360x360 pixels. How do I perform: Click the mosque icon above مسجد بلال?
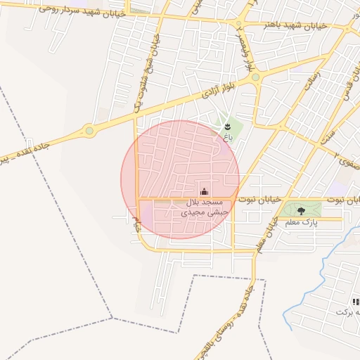(x=205, y=191)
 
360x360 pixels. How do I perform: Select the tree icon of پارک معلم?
(x=301, y=210)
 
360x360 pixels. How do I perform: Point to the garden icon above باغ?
(x=227, y=126)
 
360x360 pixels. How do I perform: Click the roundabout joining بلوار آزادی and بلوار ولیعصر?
(x=255, y=77)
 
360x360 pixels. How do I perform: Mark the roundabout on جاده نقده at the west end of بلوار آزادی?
(x=89, y=130)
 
